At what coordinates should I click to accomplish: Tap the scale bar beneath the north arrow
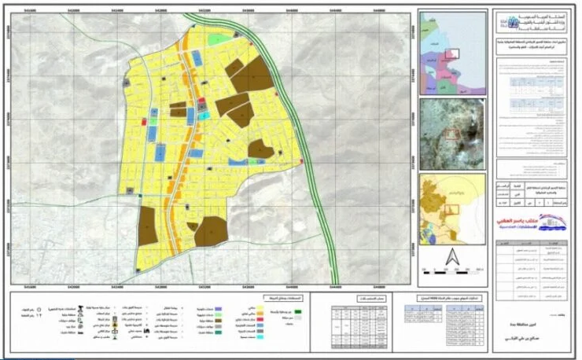pyautogui.click(x=451, y=270)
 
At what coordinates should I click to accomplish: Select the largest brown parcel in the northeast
pyautogui.click(x=252, y=75)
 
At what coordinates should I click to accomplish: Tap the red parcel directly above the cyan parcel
pyautogui.click(x=202, y=103)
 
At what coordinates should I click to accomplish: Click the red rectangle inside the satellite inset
pyautogui.click(x=453, y=134)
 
